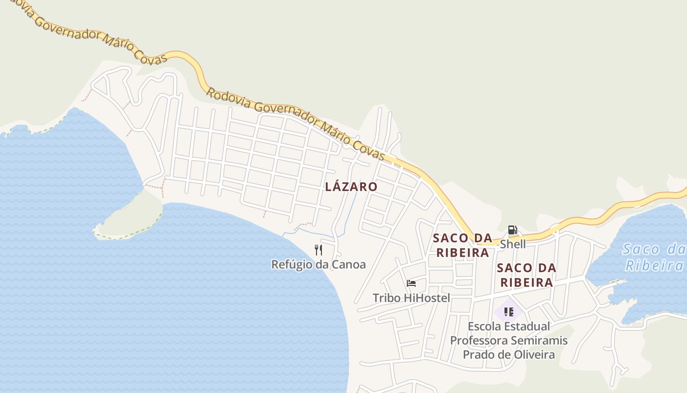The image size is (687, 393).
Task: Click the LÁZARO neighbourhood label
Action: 351,187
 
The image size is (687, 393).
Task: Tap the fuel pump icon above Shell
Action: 512,230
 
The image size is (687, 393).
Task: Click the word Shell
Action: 513,244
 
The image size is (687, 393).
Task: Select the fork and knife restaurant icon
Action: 318,250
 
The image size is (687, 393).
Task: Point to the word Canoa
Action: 348,264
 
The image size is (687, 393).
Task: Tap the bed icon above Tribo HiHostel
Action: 411,283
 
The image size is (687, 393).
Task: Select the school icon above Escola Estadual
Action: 509,311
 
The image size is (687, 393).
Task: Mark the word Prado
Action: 477,355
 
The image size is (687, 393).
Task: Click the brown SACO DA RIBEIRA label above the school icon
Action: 527,275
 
